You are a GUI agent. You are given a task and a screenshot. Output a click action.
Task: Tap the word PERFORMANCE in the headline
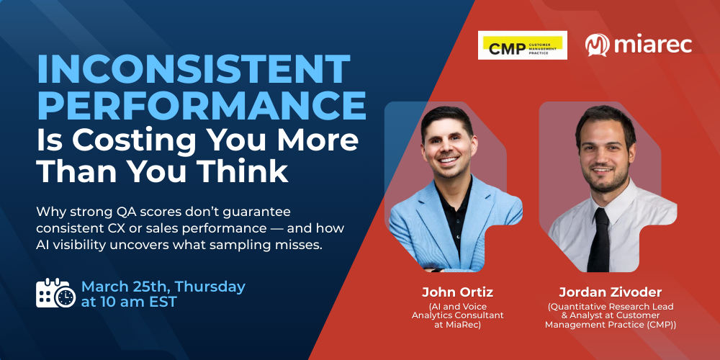point(202,104)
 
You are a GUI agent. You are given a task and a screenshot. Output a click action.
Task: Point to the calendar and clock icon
point(55,293)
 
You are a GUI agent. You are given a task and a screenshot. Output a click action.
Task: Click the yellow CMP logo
point(522,45)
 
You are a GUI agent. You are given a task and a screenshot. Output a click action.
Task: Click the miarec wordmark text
point(652,45)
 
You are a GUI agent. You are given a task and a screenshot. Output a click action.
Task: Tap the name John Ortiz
point(457,292)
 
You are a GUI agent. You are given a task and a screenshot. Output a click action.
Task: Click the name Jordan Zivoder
point(610,292)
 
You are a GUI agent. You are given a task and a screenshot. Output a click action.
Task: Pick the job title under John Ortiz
point(457,315)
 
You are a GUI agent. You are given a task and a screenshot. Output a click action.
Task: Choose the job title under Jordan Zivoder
point(610,315)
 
